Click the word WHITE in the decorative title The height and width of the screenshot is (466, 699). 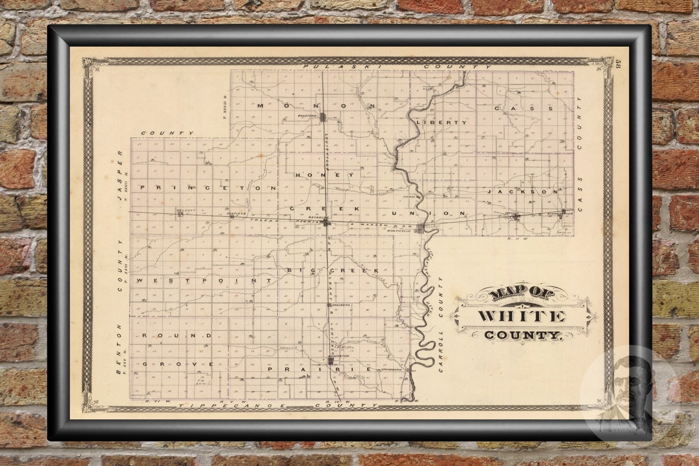coord(522,316)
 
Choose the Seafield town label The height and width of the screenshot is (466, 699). coord(235,213)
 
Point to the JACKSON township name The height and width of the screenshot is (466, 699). coord(523,192)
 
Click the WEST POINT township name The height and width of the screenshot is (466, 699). coord(204,280)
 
